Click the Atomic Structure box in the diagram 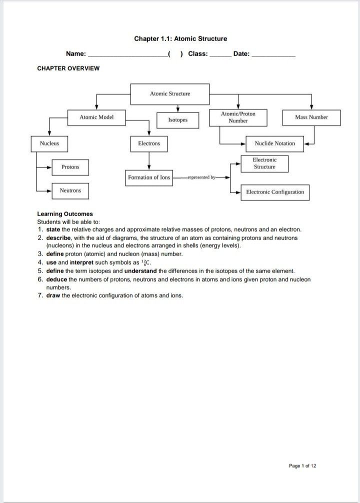(x=170, y=93)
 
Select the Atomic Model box (x=96, y=117)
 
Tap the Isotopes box (x=177, y=120)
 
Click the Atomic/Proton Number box (x=238, y=117)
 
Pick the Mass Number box (x=311, y=117)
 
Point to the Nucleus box (x=49, y=143)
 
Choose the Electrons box (x=149, y=143)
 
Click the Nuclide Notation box (x=274, y=143)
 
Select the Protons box (x=70, y=167)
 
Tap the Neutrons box (x=70, y=190)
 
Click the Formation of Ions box (x=149, y=177)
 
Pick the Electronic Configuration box (x=274, y=192)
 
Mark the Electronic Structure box (x=264, y=163)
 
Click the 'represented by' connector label (x=201, y=177)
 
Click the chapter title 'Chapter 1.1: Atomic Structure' (x=180, y=38)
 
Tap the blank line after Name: (x=127, y=54)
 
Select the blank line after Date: (x=273, y=54)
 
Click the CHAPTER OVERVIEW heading (x=68, y=68)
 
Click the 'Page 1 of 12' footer (x=302, y=466)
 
